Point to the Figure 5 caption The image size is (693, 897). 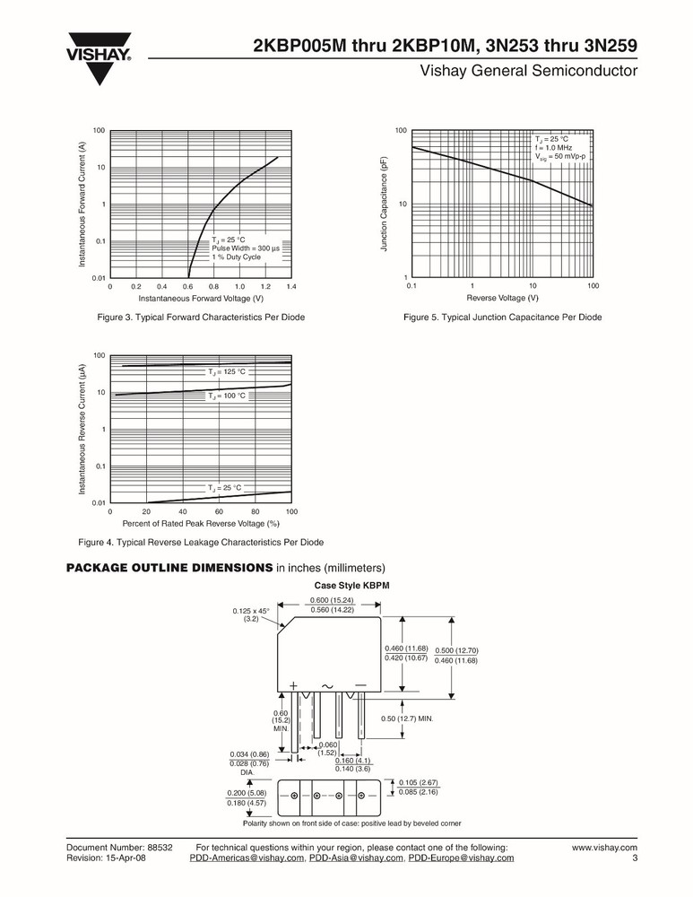pos(502,318)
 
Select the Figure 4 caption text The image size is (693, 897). pos(201,542)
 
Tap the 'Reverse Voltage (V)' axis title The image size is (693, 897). pos(502,298)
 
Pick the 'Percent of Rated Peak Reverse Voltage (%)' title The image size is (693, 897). pos(201,522)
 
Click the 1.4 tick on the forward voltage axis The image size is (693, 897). pos(291,286)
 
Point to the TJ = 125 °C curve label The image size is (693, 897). pos(227,371)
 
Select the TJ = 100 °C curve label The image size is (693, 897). pos(227,396)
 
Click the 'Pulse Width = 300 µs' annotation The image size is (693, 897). pos(246,248)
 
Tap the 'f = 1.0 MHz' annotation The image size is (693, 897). pos(553,148)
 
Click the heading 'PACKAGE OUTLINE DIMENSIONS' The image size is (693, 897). pos(169,568)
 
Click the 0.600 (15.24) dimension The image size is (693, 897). pos(331,599)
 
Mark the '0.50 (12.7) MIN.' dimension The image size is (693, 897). pos(407,718)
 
